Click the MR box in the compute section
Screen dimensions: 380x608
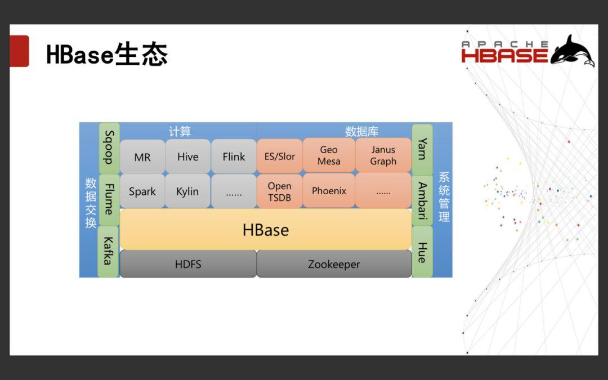tap(142, 157)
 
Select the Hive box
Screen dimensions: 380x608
tap(187, 157)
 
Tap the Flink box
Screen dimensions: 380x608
tap(234, 157)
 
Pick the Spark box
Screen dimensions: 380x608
tap(142, 191)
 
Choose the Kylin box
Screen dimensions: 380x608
tap(187, 191)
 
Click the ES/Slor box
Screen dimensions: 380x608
tap(280, 156)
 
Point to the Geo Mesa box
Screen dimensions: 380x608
tap(329, 155)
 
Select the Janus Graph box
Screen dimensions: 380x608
tap(383, 155)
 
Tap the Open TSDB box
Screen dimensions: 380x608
tap(280, 191)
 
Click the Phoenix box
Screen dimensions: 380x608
tap(329, 191)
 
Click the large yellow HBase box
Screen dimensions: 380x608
tap(266, 230)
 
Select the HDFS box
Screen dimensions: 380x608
tap(188, 264)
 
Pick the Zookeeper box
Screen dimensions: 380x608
tap(334, 264)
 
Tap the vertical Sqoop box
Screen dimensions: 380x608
tap(109, 147)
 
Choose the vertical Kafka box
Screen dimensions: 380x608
tap(108, 252)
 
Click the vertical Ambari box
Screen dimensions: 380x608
tap(422, 200)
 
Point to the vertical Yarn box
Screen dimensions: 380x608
tap(422, 149)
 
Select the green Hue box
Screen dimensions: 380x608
tap(422, 252)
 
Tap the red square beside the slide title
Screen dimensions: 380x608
tap(19, 51)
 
